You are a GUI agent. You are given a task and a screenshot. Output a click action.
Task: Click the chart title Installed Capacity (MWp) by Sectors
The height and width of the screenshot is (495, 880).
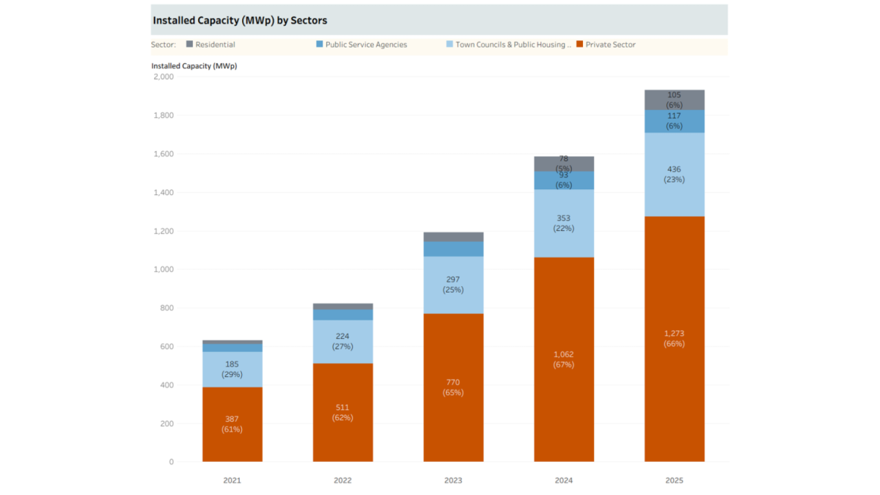240,21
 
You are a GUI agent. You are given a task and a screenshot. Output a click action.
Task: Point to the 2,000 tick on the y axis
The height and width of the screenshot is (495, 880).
163,77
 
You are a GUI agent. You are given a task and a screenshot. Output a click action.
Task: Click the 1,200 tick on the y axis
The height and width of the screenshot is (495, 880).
163,231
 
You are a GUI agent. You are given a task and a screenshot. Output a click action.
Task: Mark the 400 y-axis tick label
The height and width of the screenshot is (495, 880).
166,385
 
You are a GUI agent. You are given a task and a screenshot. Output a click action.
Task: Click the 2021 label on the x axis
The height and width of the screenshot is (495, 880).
232,480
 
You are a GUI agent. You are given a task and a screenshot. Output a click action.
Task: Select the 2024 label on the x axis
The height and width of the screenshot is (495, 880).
563,480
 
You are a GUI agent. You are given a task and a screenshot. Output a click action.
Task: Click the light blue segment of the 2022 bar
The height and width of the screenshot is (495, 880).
342,342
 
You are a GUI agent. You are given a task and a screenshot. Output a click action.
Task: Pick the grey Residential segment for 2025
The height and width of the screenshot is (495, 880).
675,100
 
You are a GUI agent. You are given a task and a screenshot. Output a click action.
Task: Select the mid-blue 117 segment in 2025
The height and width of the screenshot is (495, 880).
675,121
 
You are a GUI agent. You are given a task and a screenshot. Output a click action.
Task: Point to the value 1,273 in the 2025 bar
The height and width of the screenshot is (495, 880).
674,334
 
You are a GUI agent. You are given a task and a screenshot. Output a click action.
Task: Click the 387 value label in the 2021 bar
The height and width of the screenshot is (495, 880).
232,419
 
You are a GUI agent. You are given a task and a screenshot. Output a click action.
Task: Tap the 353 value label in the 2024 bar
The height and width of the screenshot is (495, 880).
563,218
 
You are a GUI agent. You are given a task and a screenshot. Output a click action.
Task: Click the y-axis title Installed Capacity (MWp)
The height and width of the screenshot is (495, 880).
194,66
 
